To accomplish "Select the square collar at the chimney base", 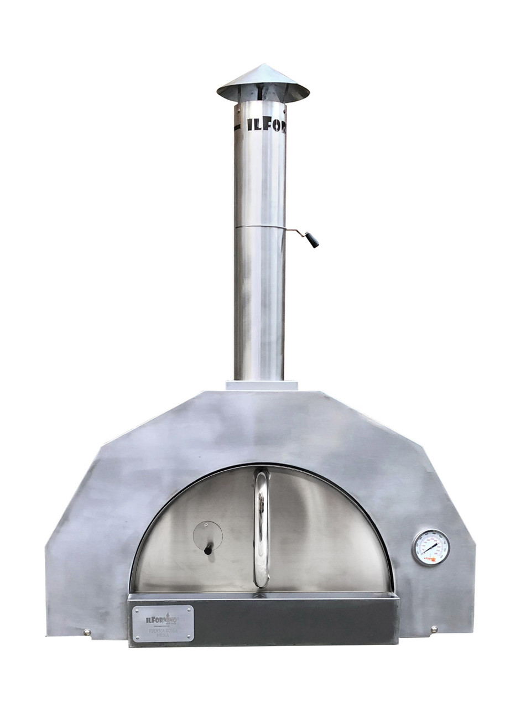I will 262,386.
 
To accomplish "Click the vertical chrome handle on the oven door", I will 261,528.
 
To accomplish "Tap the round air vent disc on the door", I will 207,535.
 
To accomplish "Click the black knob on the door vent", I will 208,550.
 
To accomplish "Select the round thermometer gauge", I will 430,548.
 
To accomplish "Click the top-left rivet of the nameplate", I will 136,608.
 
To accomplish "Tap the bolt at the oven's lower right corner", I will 434,629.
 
